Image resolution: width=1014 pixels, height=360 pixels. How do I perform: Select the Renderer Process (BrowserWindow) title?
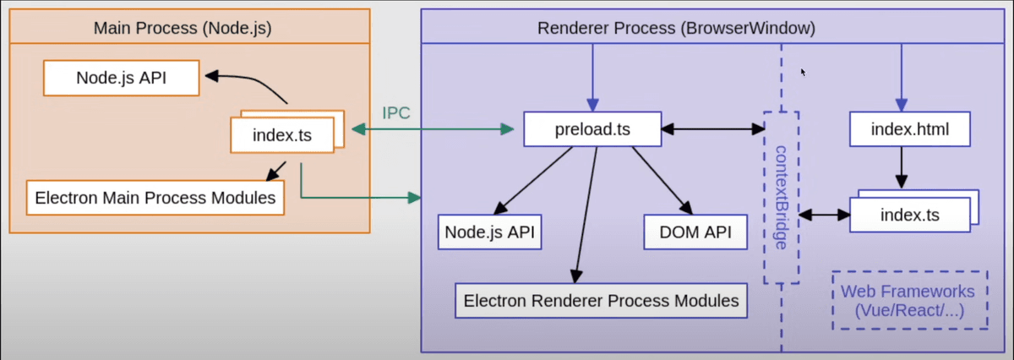(x=676, y=29)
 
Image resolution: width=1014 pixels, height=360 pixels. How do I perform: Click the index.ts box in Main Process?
(x=282, y=134)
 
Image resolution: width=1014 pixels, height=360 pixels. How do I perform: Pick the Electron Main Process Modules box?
(x=154, y=199)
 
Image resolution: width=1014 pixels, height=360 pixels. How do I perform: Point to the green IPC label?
(x=396, y=112)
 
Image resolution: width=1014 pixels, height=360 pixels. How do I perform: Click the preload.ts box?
(x=591, y=129)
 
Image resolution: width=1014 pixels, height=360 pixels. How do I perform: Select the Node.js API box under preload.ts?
(x=490, y=232)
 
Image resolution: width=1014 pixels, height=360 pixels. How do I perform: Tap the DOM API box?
(x=695, y=232)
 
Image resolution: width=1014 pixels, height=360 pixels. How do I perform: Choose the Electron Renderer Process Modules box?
(x=601, y=300)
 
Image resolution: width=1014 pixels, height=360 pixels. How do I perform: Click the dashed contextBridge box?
(x=781, y=196)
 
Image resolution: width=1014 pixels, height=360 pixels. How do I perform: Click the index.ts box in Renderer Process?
(x=909, y=214)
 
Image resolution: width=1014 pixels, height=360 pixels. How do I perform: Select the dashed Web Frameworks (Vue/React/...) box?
(x=907, y=300)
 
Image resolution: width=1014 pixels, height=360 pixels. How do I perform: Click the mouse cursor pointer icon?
(x=803, y=73)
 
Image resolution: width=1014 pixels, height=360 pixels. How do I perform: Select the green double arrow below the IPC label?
(x=433, y=129)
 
